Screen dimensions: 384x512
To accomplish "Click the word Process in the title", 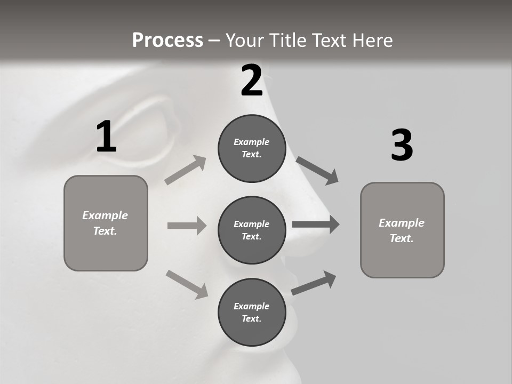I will [x=167, y=40].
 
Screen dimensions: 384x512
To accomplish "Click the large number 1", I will [x=106, y=137].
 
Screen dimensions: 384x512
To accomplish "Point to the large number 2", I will [x=252, y=81].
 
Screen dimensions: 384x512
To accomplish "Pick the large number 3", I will [x=402, y=146].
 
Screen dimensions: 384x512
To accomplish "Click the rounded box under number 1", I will [x=106, y=223].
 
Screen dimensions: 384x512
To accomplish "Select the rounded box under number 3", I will [x=402, y=230].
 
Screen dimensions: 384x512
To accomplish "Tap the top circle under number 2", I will [x=252, y=148].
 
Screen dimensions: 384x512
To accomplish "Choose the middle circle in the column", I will [x=252, y=230].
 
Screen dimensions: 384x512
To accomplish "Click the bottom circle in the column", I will [x=252, y=312].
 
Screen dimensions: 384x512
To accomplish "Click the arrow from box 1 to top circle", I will [x=186, y=170].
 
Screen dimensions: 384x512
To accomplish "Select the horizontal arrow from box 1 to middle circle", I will [x=187, y=226].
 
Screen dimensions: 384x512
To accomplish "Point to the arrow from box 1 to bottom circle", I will [x=187, y=284].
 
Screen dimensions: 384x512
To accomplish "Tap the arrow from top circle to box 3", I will [x=317, y=170].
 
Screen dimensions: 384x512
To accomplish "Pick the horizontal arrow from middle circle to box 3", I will [x=316, y=225].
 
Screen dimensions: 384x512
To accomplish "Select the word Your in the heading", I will [x=245, y=40].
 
